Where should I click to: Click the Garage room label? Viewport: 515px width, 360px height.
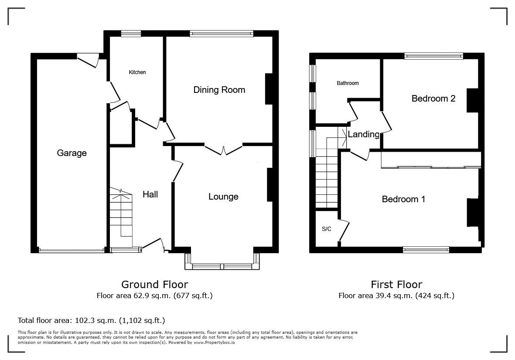(x=72, y=153)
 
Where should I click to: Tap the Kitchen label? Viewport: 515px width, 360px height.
(x=137, y=72)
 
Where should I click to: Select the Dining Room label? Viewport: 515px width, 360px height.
(x=219, y=90)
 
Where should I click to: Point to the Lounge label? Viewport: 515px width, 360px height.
(x=223, y=197)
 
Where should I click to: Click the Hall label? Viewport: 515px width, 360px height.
(x=150, y=194)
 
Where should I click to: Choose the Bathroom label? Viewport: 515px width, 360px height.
(x=348, y=83)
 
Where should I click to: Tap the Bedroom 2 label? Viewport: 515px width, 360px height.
(x=433, y=98)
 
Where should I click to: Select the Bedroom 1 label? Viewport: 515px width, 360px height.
(x=403, y=199)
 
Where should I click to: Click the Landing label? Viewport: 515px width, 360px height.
(x=364, y=134)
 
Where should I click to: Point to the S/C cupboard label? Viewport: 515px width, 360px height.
(x=327, y=229)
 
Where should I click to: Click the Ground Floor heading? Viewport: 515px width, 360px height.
(x=155, y=284)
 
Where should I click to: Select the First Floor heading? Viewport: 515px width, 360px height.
(x=396, y=284)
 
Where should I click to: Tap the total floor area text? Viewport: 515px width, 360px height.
(x=91, y=320)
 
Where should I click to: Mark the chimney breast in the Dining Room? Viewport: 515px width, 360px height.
(x=269, y=89)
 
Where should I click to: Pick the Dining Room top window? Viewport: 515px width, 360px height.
(x=222, y=33)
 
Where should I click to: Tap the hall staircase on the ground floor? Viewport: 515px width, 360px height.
(x=121, y=217)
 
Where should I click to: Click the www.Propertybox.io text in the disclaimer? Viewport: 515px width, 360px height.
(x=214, y=343)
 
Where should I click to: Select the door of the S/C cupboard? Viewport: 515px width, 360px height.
(x=344, y=231)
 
